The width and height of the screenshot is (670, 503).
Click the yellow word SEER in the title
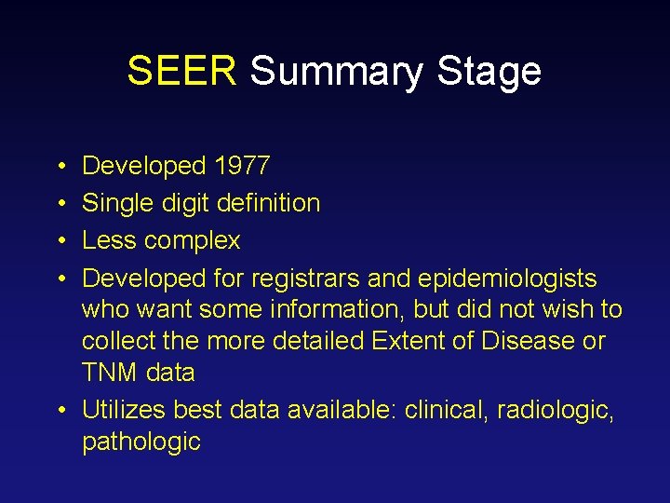[x=182, y=71]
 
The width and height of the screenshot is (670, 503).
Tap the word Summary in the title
[x=333, y=71]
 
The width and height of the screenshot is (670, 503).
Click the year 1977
[x=242, y=167]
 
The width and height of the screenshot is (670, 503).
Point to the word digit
[x=189, y=203]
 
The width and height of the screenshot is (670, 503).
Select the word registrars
[x=302, y=278]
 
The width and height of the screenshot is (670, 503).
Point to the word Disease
[x=528, y=341]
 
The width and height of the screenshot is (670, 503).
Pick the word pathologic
[x=141, y=441]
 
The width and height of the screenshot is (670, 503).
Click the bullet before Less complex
[x=60, y=241]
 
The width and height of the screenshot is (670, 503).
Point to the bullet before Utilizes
[x=60, y=409]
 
